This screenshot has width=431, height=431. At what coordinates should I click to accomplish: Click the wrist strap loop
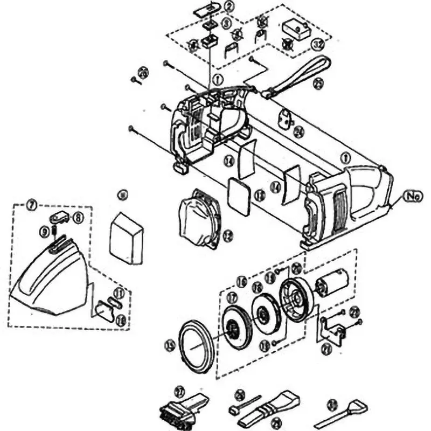pyautogui.click(x=302, y=75)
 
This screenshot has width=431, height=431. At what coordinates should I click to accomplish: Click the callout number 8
pyautogui.click(x=79, y=218)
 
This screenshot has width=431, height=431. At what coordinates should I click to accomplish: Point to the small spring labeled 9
pyautogui.click(x=55, y=232)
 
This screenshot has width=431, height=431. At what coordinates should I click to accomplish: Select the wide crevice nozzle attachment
pyautogui.click(x=269, y=412)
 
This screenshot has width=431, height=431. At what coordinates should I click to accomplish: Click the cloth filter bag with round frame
pyautogui.click(x=200, y=221)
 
